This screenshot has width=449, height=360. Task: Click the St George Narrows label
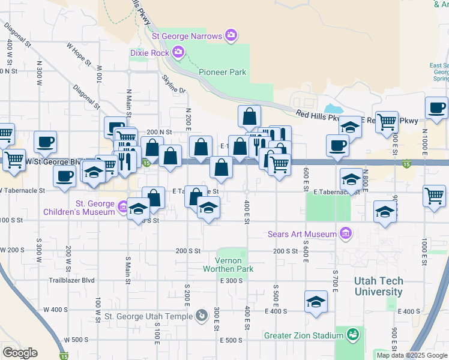tap(187, 36)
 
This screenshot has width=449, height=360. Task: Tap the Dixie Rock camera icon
tap(178, 52)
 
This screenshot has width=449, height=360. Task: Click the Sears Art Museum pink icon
tap(345, 233)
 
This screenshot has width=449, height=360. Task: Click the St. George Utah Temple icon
tap(201, 314)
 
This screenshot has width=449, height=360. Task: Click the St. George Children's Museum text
tap(79, 208)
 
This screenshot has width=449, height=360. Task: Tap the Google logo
tap(20, 353)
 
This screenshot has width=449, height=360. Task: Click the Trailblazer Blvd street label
tap(72, 280)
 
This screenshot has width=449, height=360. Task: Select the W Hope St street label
tap(79, 53)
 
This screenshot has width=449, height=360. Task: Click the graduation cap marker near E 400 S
tap(316, 302)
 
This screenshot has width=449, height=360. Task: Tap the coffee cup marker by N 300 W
tap(46, 142)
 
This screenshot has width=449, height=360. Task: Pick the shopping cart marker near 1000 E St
tap(435, 195)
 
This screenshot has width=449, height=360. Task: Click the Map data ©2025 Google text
tap(412, 355)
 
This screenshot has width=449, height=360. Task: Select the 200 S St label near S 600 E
tap(286, 251)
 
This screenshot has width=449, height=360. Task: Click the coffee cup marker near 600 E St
tap(338, 145)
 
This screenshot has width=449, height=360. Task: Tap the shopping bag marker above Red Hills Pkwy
tap(249, 115)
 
